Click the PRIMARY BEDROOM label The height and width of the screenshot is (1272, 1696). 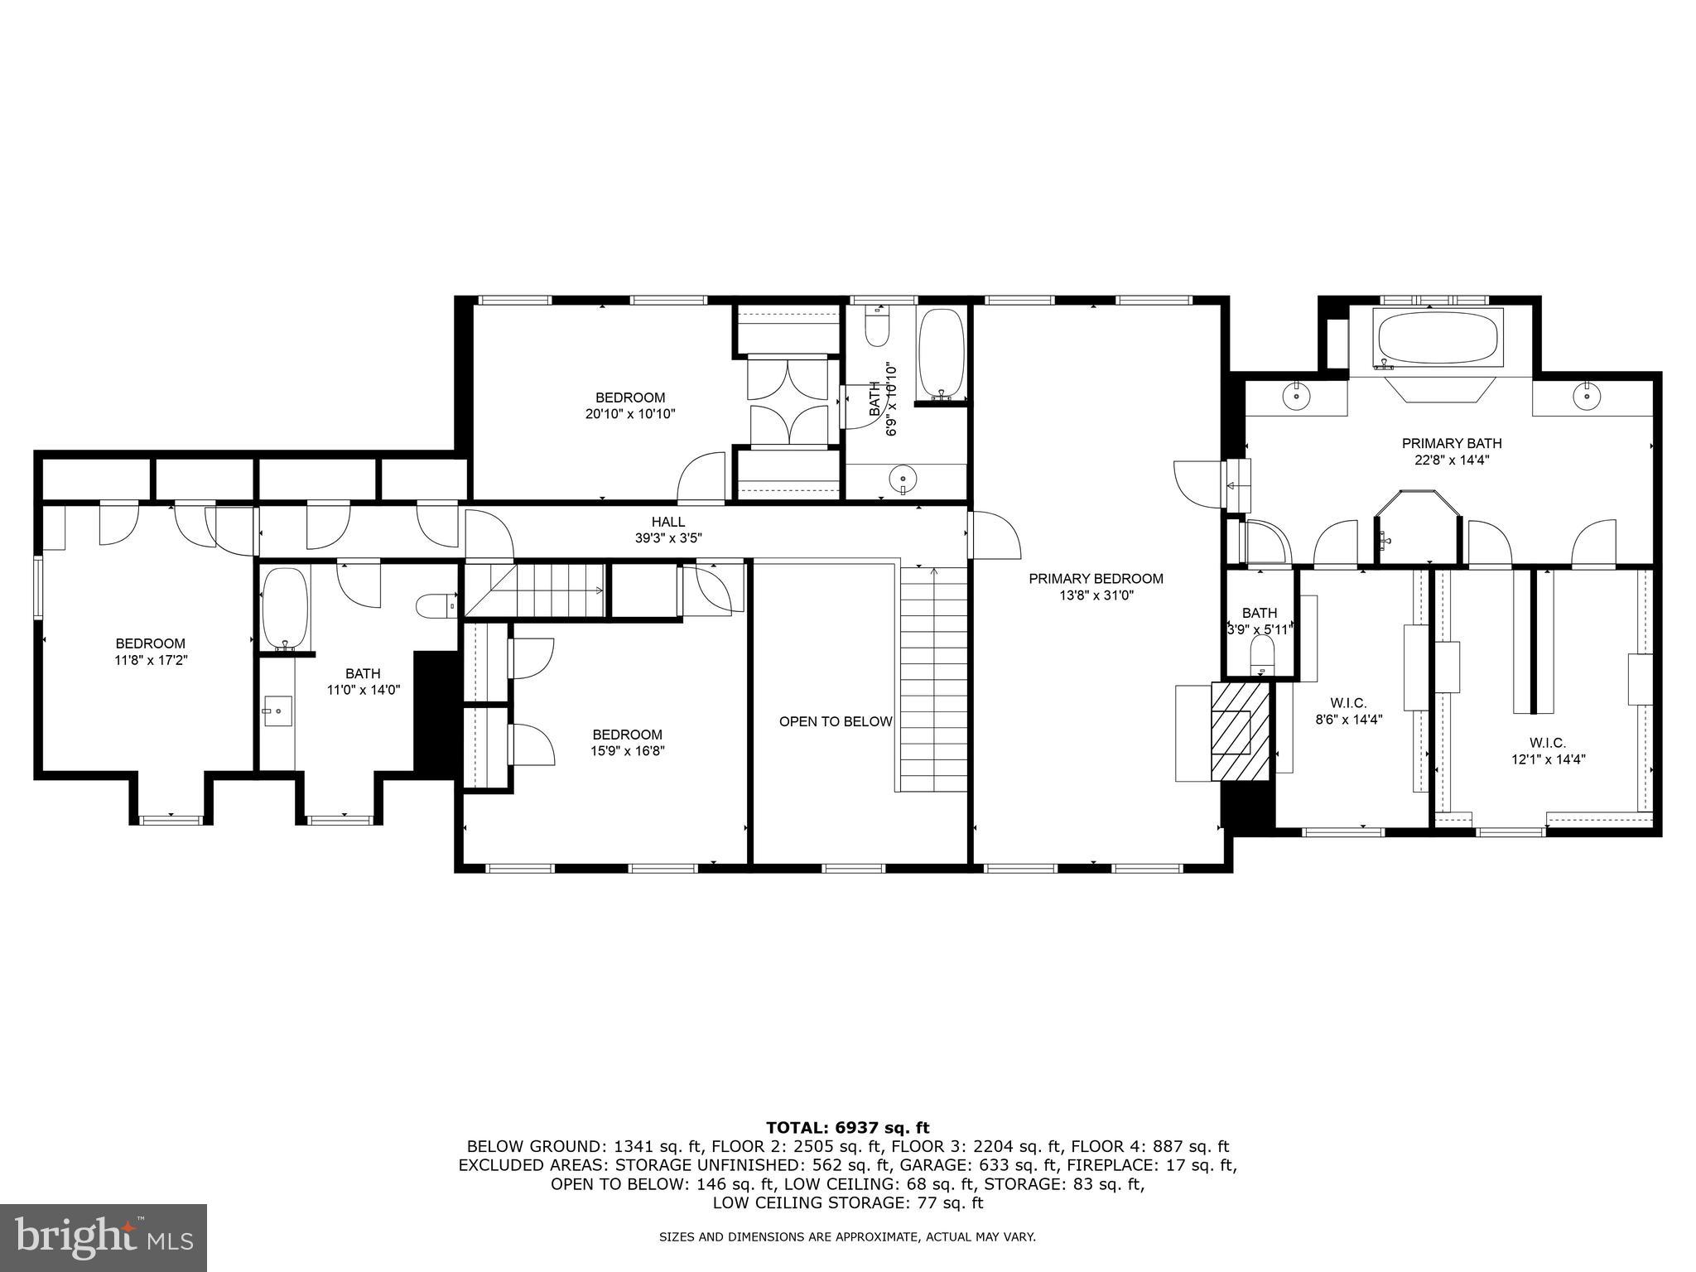pos(1096,579)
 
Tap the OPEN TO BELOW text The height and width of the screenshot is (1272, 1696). pos(835,721)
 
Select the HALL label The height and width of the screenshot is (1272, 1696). pos(667,522)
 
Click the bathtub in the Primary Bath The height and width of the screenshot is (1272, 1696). pos(1438,339)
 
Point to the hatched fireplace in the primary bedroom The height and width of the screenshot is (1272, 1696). pos(1240,730)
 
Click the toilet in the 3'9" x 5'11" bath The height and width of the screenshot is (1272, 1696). pos(1262,653)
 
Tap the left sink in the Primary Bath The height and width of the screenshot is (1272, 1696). pos(1295,396)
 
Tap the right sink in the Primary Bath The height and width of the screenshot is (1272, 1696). pos(1586,396)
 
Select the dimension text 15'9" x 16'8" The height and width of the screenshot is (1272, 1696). pos(627,751)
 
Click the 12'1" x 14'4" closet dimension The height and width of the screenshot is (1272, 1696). pos(1547,759)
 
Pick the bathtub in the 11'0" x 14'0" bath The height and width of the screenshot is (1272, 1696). pos(286,608)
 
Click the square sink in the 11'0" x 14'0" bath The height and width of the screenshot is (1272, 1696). pos(277,711)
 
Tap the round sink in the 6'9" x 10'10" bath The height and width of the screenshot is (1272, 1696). pos(902,479)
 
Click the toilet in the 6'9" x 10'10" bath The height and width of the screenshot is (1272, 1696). pos(876,326)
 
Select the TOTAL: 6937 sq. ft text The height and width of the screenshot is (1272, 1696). pos(847,1127)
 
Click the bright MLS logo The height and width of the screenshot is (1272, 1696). pos(104,1237)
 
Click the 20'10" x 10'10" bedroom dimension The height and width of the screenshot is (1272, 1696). pos(630,414)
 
